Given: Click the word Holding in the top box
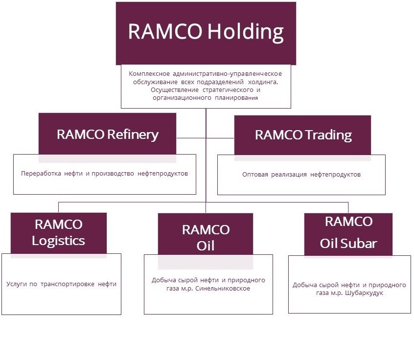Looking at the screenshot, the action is tap(246, 32).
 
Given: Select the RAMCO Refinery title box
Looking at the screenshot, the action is tap(107, 134).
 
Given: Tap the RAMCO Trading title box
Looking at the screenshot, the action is tap(302, 135).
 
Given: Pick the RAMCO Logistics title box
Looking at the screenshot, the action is tap(59, 233).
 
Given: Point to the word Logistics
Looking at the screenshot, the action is tap(58, 241).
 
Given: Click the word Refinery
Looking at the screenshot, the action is tap(133, 135).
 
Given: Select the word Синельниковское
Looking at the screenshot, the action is tap(223, 289).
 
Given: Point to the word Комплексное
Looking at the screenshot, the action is tap(149, 74).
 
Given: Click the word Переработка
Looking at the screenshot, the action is tap(41, 174).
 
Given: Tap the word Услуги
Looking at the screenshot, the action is tap(16, 284).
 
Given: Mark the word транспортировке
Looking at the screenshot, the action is tap(68, 284).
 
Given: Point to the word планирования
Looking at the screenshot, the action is tap(236, 98).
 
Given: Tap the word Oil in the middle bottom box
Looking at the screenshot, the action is tap(206, 246).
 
